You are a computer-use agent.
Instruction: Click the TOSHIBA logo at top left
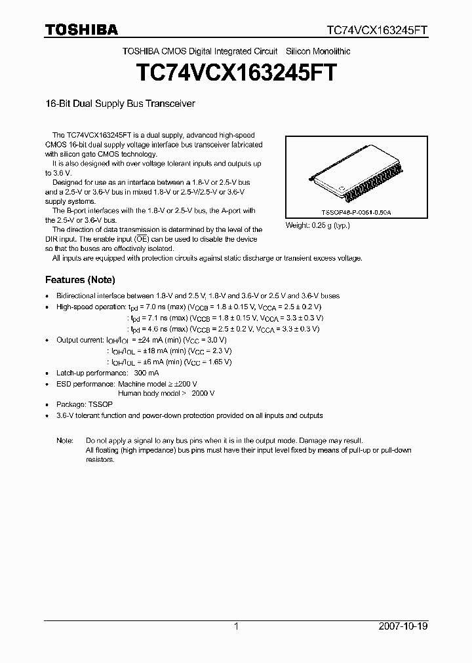tap(81, 29)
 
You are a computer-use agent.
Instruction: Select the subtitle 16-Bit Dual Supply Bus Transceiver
tap(120, 104)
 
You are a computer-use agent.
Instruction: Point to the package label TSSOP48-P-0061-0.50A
tap(356, 213)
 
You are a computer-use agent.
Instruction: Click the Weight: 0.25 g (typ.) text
tap(317, 225)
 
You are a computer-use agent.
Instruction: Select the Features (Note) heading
tap(80, 280)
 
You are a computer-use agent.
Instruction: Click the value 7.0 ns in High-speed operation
tap(155, 307)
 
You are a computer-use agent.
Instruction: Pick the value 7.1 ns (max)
tap(155, 318)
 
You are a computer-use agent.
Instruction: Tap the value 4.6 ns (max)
tap(155, 329)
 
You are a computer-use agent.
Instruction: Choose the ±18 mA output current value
tap(146, 350)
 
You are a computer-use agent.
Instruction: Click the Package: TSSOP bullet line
tap(85, 405)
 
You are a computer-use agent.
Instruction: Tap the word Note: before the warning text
tap(65, 441)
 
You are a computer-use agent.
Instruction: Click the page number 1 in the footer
tap(236, 626)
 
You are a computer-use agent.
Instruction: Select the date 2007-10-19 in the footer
tap(404, 626)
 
